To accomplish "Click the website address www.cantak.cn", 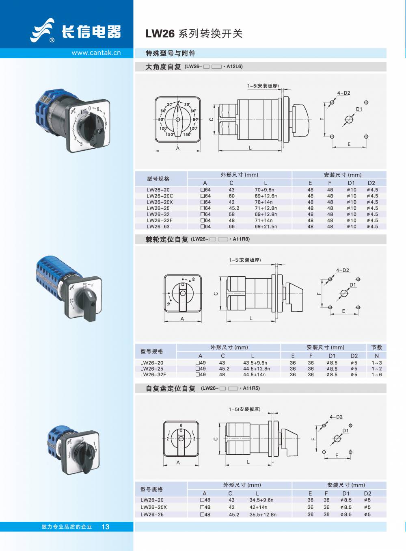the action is [96, 53].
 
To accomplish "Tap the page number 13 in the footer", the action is [106, 527].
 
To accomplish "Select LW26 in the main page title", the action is [160, 34].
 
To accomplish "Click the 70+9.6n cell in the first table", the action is [264, 190].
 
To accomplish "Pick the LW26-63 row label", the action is [158, 227].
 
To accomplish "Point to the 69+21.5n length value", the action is [266, 227].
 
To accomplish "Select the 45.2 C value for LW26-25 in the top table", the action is [234, 208].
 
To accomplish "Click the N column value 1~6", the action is [377, 375].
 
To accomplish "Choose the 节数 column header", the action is [376, 347].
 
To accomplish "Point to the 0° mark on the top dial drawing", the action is [178, 102].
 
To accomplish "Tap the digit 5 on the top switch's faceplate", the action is [81, 144].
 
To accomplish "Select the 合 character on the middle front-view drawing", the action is [193, 280].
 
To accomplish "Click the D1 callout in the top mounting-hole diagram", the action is [359, 109].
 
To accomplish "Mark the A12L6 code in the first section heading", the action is [234, 66].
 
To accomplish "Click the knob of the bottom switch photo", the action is [86, 456].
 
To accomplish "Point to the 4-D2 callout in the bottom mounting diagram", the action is [336, 417].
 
